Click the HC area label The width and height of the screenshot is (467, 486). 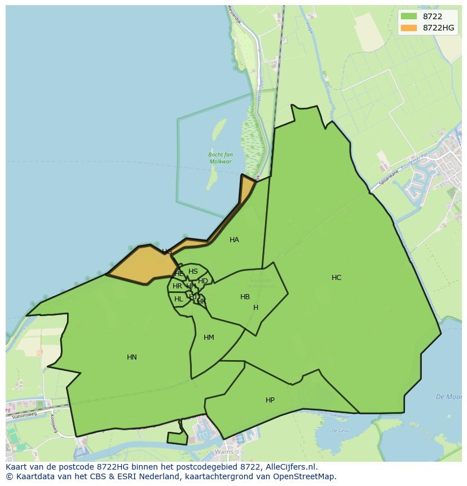pyautogui.click(x=336, y=277)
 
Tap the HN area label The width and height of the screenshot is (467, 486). pyautogui.click(x=131, y=357)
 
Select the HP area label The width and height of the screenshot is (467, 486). pyautogui.click(x=270, y=400)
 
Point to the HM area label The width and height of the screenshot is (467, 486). pyautogui.click(x=209, y=338)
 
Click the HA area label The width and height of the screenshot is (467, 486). pyautogui.click(x=234, y=240)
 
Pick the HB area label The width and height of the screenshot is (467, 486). pyautogui.click(x=245, y=297)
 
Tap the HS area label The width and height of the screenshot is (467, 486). pyautogui.click(x=193, y=272)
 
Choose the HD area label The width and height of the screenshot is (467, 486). pyautogui.click(x=203, y=281)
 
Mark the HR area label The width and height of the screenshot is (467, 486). pyautogui.click(x=177, y=286)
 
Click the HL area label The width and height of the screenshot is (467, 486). pyautogui.click(x=178, y=299)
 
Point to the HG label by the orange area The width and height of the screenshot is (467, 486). pyautogui.click(x=167, y=251)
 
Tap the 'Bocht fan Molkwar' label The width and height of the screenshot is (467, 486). pyautogui.click(x=221, y=158)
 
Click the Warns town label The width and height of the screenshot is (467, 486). pyautogui.click(x=224, y=452)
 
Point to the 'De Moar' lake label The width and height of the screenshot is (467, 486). pyautogui.click(x=450, y=397)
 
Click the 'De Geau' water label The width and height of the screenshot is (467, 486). pyautogui.click(x=341, y=430)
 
